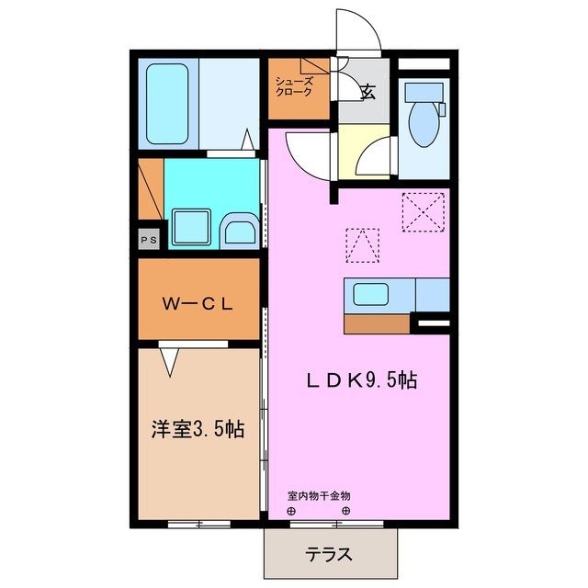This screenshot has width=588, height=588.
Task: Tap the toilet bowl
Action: pyautogui.click(x=424, y=123)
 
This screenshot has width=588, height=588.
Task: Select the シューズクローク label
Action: pyautogui.click(x=294, y=87)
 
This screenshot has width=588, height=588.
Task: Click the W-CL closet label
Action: pyautogui.click(x=198, y=303)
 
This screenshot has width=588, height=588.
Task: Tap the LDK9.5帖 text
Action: pyautogui.click(x=362, y=379)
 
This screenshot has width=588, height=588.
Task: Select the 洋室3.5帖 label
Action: pyautogui.click(x=198, y=429)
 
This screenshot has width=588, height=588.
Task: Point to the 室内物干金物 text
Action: pyautogui.click(x=319, y=496)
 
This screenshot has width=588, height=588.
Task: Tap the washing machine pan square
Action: pyautogui.click(x=191, y=225)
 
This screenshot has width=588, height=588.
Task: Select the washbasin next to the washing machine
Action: pyautogui.click(x=240, y=231)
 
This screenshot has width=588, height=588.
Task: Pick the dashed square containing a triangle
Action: pyautogui.click(x=362, y=243)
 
